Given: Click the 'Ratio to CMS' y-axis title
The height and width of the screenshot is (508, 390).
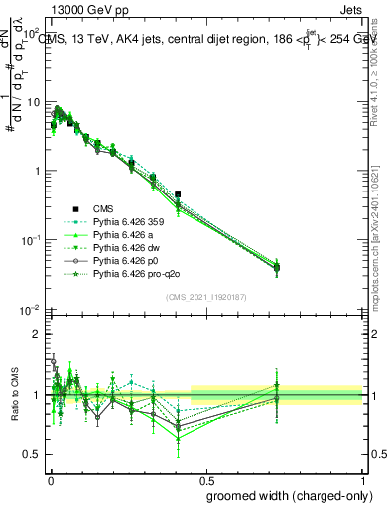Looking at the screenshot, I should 13,396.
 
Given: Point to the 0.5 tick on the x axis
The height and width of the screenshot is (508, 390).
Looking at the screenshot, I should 206,478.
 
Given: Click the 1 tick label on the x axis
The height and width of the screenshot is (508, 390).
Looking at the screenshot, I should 364,478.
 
